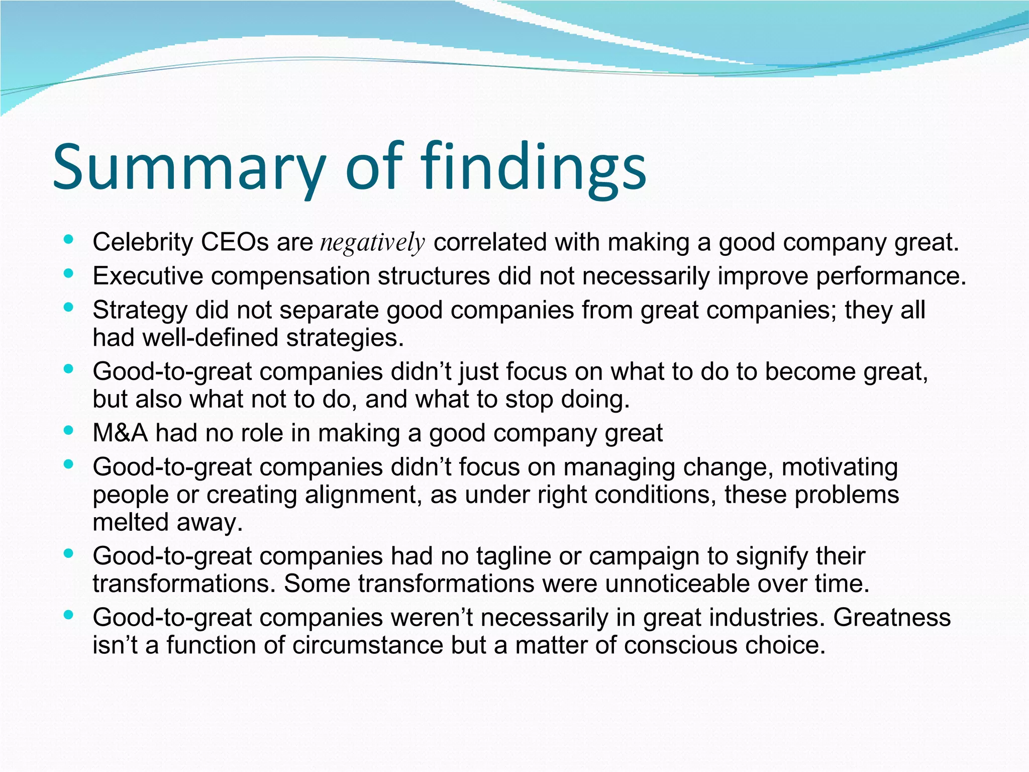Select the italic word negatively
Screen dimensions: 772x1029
373,243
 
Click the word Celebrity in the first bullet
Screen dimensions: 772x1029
143,242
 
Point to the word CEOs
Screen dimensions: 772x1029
235,242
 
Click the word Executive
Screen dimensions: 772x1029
148,276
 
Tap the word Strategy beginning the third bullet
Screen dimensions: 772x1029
140,310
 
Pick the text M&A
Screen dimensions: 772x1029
120,433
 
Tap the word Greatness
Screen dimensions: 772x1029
892,617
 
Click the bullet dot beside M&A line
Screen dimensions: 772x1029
69,431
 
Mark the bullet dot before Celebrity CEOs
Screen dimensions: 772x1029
69,240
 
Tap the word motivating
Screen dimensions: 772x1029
840,467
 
